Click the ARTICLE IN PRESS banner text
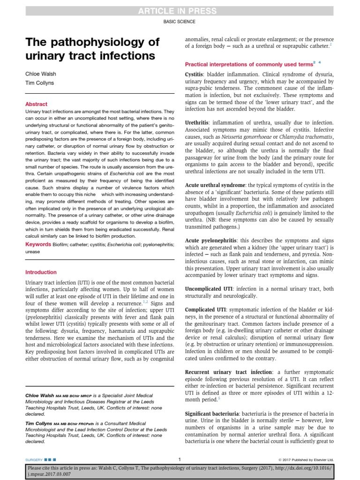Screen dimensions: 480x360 click(180, 11)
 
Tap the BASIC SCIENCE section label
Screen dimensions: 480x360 click(180, 22)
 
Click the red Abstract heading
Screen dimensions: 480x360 click(36, 104)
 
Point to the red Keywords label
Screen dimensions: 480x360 click(38, 244)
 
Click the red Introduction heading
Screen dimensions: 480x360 click(41, 272)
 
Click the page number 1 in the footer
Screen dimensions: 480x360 click(180, 459)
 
